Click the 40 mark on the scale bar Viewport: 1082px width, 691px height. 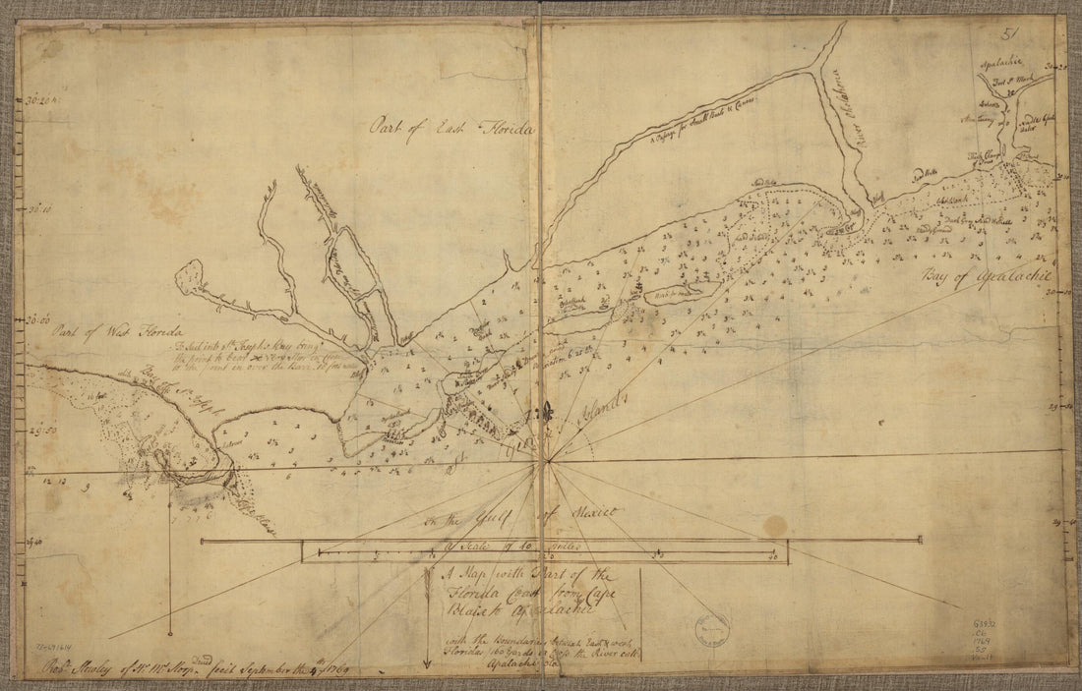[774, 557]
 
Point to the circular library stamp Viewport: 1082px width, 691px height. [710, 627]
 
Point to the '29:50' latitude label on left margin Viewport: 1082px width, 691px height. [42, 430]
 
